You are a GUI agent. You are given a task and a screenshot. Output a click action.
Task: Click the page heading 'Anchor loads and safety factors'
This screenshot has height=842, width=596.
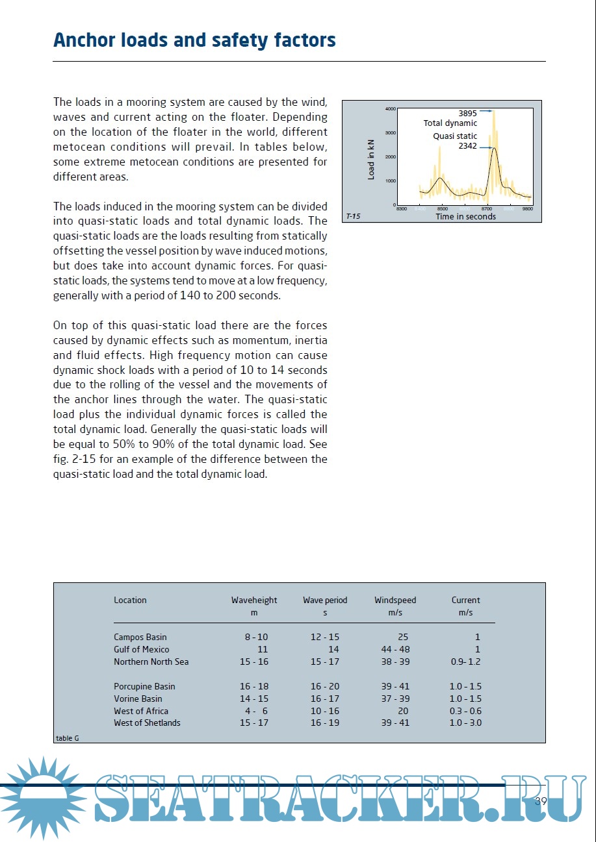[x=194, y=40]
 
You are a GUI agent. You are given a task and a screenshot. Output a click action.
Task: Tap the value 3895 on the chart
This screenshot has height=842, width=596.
[x=467, y=114]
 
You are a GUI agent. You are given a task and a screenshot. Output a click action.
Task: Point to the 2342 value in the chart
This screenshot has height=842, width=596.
[x=467, y=146]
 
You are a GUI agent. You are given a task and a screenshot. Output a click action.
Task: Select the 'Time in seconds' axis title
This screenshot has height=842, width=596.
[x=465, y=217]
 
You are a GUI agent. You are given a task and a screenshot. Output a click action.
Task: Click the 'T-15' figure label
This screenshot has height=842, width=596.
[x=353, y=217]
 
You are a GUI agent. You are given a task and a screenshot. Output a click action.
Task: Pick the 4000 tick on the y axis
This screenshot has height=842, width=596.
[x=390, y=109]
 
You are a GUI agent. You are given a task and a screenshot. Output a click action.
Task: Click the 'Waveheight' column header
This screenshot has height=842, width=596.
[x=254, y=601]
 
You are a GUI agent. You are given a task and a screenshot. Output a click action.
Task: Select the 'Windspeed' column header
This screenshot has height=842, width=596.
[x=395, y=601]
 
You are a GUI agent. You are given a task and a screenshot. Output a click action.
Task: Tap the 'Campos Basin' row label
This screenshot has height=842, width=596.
[x=140, y=638]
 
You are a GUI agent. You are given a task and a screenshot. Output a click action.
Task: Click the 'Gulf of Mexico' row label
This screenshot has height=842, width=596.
[x=142, y=649]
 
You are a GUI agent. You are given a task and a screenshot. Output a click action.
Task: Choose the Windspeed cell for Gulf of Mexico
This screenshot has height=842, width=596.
[x=395, y=649]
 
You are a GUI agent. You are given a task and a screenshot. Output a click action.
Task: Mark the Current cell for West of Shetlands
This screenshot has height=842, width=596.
[x=465, y=723]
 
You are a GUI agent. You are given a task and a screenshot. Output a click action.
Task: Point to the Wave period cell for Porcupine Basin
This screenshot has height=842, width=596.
[x=325, y=687]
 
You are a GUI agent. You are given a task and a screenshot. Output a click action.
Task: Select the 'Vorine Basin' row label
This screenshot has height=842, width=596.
[x=138, y=699]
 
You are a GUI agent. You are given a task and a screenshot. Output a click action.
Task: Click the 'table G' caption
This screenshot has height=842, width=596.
[x=68, y=738]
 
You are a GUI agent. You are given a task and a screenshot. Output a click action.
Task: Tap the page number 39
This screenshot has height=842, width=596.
[x=541, y=802]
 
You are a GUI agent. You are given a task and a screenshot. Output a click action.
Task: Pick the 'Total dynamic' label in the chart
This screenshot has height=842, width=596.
[x=450, y=123]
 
